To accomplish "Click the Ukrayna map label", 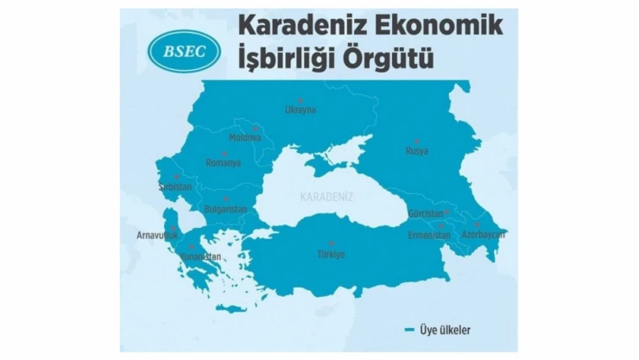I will pos(301,110).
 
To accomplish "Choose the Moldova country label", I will pos(244,138).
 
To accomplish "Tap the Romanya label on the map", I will pos(223,162).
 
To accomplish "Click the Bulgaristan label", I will pos(225,209).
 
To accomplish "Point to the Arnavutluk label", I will pos(156,234).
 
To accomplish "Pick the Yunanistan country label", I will pos(201,256).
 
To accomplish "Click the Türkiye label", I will pos(331,254).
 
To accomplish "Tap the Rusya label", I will pos(416,151).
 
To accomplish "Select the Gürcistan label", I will pos(426,213).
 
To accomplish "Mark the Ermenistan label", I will pos(429,235).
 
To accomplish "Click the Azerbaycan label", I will pos(483,234).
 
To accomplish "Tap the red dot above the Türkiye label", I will pos(331,243).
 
